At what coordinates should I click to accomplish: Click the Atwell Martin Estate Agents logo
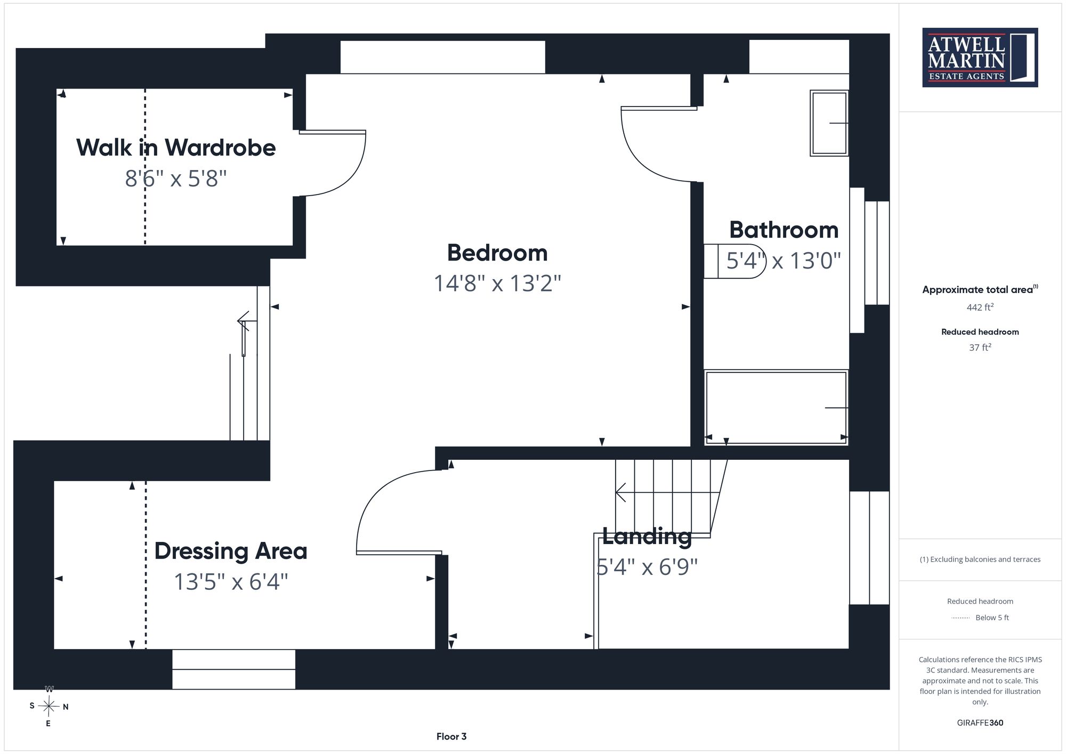tap(980, 58)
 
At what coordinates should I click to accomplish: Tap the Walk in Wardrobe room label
tap(176, 148)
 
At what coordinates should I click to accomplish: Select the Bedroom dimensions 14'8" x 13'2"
tap(497, 283)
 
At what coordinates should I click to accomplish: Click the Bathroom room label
tap(784, 230)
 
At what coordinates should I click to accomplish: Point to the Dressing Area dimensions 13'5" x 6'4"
tap(231, 582)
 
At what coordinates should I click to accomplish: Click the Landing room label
tap(647, 537)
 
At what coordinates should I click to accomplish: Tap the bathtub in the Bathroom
tap(776, 408)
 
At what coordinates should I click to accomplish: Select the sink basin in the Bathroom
tap(829, 123)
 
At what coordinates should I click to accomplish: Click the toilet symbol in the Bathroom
tap(734, 261)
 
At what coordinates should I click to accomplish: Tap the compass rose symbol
tap(49, 707)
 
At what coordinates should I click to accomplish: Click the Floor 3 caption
tap(451, 736)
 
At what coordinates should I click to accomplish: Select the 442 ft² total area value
tap(980, 307)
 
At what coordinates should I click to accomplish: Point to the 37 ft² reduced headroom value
tap(980, 347)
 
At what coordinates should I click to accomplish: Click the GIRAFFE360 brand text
tap(980, 723)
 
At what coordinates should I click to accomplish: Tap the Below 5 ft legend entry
tap(980, 618)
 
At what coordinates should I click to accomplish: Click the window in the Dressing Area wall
tap(233, 669)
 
